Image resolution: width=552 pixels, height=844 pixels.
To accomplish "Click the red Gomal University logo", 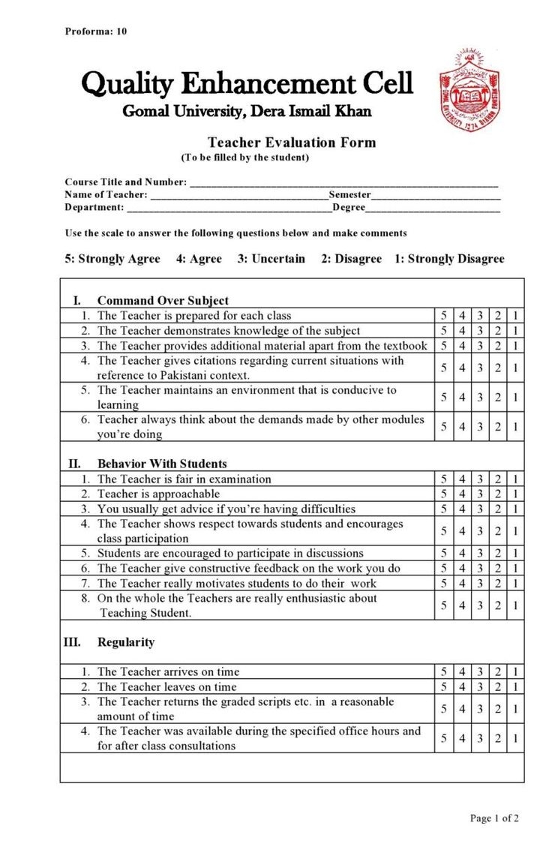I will click(469, 91).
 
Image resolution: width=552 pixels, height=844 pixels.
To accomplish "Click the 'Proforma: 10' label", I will click(96, 32).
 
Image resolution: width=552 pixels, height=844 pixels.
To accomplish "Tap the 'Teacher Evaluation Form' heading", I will click(292, 143).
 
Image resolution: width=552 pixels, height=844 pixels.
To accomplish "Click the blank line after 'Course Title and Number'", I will click(343, 182).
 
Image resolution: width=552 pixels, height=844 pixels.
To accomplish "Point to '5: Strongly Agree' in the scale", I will click(112, 259).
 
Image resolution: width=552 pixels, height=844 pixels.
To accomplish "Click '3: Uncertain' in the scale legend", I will click(271, 259).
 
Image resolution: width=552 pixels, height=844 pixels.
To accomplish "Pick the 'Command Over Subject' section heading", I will click(163, 301).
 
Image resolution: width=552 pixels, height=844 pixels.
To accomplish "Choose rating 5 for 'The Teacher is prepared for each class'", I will click(444, 316).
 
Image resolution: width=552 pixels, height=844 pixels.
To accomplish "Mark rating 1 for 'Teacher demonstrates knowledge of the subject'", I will click(516, 331).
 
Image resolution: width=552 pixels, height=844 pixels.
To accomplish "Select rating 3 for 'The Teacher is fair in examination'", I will click(480, 479).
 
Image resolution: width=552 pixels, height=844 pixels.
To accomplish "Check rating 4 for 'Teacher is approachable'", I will click(462, 494).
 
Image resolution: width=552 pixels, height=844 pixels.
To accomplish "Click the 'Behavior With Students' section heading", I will click(162, 464).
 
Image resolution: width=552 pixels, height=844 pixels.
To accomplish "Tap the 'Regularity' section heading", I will click(126, 642).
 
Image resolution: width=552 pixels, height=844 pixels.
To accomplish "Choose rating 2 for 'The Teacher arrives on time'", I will click(498, 672).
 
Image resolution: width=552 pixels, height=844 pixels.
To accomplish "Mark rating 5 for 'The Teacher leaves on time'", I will click(444, 687).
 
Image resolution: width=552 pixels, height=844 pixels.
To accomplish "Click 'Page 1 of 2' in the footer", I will click(494, 818).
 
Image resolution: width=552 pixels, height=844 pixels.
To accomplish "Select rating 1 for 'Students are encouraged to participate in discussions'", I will click(516, 554).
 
